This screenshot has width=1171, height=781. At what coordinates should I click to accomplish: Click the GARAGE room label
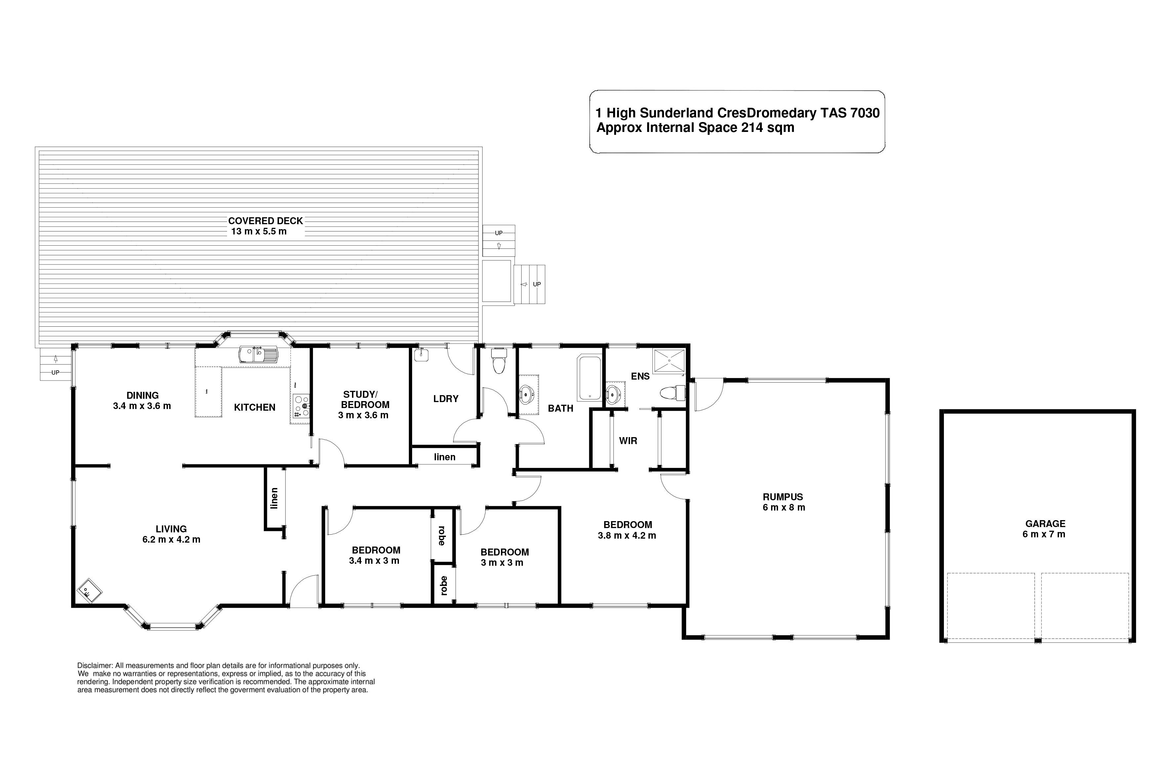point(1045,523)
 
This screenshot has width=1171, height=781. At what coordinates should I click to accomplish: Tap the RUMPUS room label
point(783,497)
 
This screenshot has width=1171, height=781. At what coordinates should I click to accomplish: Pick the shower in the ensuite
point(670,360)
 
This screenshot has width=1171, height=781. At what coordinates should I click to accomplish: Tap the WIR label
point(628,441)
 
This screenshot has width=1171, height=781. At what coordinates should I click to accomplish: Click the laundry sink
point(421,355)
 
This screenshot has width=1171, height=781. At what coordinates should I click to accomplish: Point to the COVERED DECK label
point(265,221)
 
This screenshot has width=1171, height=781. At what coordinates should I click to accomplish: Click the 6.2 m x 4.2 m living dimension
point(171,539)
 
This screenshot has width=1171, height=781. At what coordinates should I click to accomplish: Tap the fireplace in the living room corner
point(90,591)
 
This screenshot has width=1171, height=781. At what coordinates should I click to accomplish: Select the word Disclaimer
point(95,666)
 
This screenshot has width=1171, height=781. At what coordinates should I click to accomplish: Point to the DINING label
point(142,395)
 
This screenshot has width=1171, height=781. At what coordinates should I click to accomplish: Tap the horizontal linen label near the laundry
point(445,457)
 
